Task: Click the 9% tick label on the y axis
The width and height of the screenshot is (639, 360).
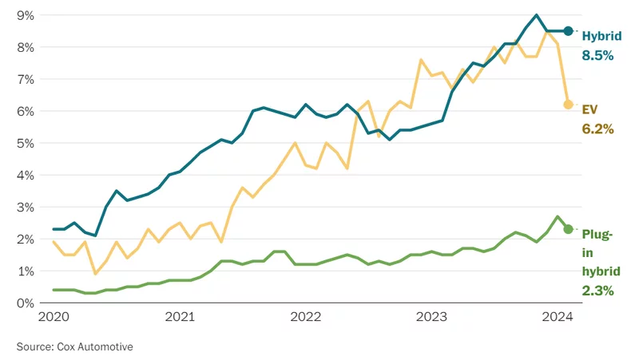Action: (26, 15)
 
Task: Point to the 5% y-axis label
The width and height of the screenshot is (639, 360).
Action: (26, 144)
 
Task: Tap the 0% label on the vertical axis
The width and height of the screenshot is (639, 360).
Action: (26, 303)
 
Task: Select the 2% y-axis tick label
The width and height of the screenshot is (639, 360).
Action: (26, 239)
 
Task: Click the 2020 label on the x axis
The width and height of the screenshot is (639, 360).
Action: (54, 317)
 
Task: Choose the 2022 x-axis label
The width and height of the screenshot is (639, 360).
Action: (306, 317)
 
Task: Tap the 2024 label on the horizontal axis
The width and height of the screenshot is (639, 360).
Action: (558, 317)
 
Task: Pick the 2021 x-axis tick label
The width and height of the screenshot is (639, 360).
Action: (180, 317)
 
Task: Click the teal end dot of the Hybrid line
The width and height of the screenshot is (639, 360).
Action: (568, 31)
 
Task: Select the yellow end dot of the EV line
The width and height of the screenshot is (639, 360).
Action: (568, 105)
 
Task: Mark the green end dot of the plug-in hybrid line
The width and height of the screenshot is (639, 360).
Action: (568, 229)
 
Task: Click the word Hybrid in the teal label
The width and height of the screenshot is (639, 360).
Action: (602, 36)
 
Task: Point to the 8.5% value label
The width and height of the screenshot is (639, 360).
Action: (597, 55)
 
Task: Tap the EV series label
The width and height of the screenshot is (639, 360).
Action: (589, 109)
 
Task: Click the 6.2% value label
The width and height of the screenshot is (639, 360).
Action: (597, 129)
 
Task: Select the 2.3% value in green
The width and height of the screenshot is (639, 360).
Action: (597, 291)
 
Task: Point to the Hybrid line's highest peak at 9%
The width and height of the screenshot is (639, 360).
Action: (536, 15)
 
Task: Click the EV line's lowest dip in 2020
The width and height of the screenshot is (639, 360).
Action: (95, 274)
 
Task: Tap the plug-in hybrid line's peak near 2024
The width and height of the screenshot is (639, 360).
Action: (557, 216)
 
